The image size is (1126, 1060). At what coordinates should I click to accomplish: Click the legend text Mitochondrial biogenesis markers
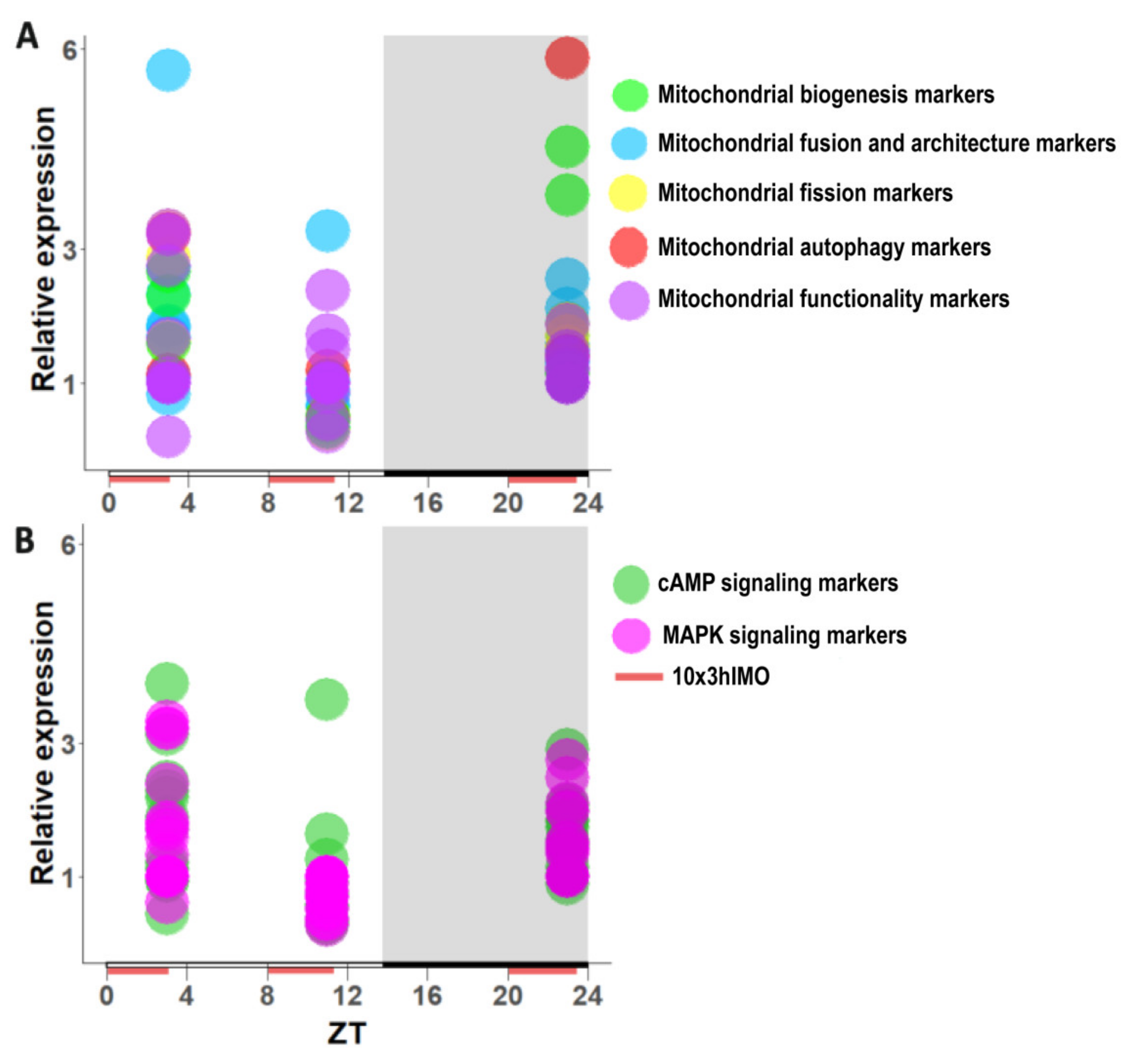pos(825,94)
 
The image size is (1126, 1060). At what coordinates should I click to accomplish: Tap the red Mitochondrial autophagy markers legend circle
pos(628,247)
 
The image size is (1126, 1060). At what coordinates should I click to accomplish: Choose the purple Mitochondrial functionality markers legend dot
pos(629,300)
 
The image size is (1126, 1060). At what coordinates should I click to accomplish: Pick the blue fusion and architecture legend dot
pos(629,143)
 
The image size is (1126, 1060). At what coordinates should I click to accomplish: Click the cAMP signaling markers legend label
pos(777,583)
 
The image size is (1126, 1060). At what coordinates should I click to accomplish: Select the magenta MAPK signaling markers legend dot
pos(631,635)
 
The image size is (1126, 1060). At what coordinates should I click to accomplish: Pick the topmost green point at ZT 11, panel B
pos(327,699)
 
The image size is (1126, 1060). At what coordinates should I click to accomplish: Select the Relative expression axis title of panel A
pos(44,249)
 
